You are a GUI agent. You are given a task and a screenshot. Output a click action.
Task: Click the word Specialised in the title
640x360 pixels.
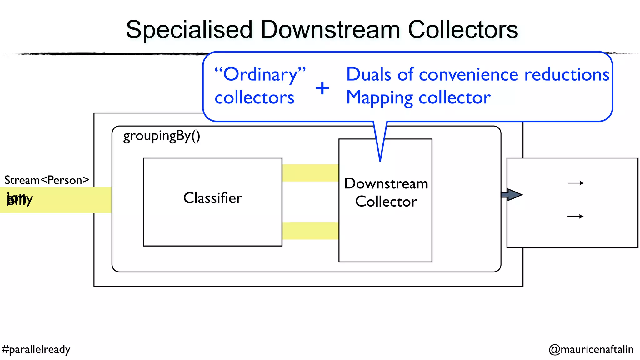coord(189,30)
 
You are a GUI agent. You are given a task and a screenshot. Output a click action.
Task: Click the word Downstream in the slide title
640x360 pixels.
coord(330,30)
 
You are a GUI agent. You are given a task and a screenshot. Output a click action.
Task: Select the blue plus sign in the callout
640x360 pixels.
coord(322,88)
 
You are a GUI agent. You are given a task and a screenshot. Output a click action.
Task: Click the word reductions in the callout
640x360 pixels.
coord(567,75)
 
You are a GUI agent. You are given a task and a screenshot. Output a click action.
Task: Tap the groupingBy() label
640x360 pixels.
coord(162,136)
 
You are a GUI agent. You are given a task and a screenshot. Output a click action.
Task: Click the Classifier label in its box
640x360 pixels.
coord(213,198)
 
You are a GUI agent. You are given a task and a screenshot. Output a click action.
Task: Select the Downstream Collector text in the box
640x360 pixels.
coord(386,192)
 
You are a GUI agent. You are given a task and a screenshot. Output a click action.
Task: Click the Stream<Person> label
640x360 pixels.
coord(47,180)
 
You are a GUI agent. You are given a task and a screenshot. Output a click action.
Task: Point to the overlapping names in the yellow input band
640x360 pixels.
coord(20,199)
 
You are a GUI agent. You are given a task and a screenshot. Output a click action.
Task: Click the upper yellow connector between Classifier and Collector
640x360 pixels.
coord(310,173)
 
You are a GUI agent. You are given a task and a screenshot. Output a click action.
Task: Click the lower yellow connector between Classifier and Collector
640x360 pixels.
coord(310,231)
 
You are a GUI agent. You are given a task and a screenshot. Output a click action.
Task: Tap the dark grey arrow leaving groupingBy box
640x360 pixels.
coord(512,195)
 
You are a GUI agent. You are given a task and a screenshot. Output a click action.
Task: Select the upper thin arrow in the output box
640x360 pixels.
coord(576,183)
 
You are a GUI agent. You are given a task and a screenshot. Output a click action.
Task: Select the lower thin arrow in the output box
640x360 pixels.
coord(575,216)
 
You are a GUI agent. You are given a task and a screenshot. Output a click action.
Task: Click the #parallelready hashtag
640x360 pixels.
coord(36,349)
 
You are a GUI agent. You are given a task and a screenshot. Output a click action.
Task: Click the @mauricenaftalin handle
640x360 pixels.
coord(591,349)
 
